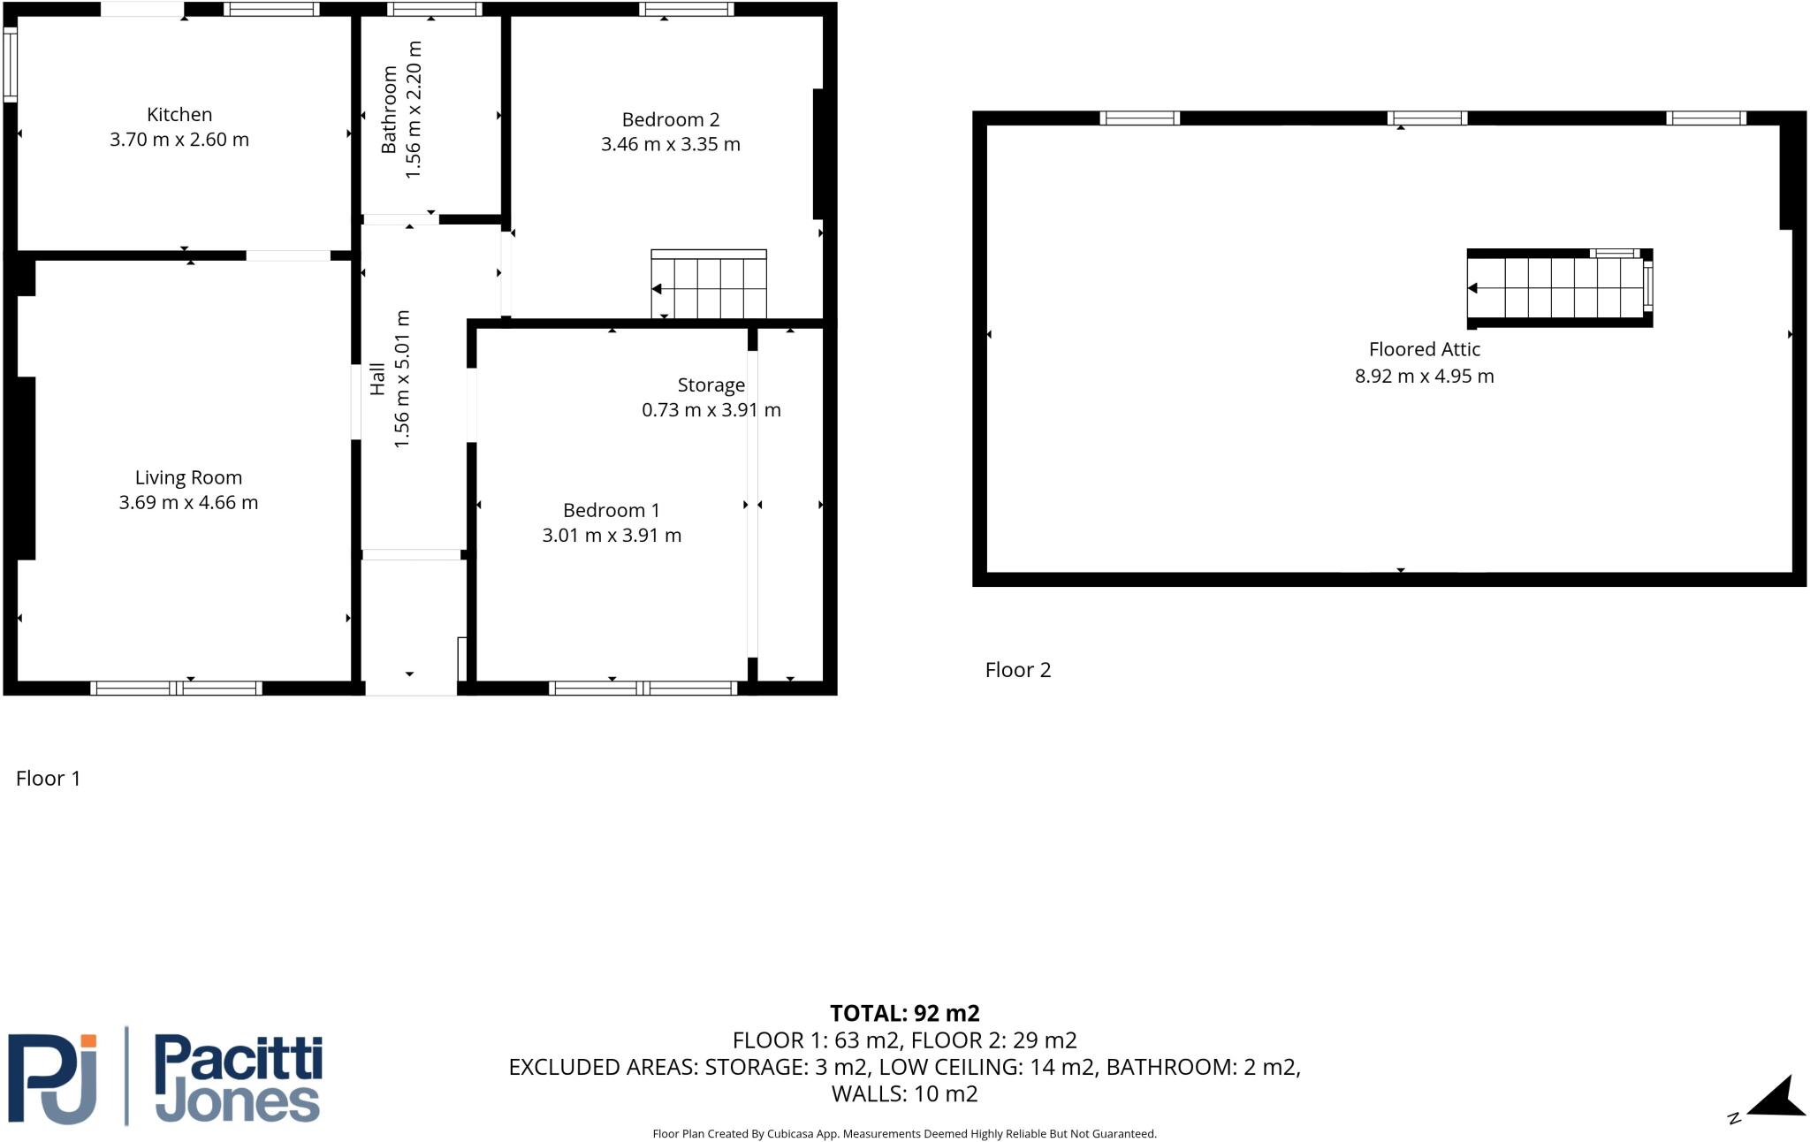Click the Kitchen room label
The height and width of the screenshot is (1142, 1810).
click(179, 114)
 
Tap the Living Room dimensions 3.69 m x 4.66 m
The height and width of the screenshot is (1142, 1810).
click(188, 503)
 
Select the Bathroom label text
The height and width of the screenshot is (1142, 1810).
click(389, 110)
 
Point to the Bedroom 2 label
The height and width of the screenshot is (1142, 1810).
click(670, 119)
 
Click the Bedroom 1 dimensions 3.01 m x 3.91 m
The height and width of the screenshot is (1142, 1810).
click(612, 536)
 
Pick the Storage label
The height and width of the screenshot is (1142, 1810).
click(711, 384)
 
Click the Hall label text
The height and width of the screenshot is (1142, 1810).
click(377, 378)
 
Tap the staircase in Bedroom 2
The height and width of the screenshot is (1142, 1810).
click(709, 285)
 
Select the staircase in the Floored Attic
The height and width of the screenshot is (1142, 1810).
click(1555, 288)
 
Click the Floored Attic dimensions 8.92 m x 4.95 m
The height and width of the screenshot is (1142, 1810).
click(1424, 377)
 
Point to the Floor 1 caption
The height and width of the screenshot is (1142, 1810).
click(49, 779)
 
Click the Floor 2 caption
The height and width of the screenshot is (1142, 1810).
click(1018, 670)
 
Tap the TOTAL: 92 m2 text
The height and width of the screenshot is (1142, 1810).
click(904, 1013)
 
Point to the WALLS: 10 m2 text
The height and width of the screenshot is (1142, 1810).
click(904, 1094)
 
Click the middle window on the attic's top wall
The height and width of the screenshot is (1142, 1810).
click(1426, 118)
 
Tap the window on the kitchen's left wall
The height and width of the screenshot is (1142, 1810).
click(10, 64)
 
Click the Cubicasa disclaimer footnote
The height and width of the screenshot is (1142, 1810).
click(904, 1134)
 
